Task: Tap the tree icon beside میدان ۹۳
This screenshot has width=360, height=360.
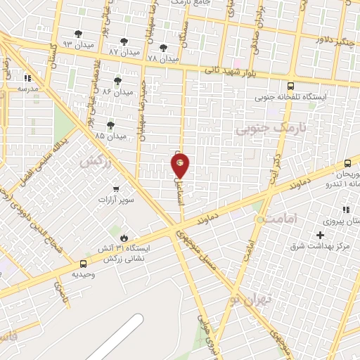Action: pos(78,34)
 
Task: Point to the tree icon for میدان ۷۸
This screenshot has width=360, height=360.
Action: pos(164,48)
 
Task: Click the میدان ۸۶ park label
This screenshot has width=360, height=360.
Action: pos(117,91)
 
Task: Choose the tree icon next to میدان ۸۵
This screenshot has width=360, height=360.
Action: pos(110,125)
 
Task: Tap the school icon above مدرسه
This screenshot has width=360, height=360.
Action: pos(27,79)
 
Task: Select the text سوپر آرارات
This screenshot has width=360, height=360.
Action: pos(116,200)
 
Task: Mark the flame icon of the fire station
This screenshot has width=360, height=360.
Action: pos(124,237)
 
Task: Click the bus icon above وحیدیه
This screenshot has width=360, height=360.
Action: pos(84,264)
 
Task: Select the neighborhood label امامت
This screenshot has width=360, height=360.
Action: pos(283,219)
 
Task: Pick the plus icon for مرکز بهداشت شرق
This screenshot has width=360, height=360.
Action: pos(321,235)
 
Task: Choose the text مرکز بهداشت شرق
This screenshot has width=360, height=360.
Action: pos(324,246)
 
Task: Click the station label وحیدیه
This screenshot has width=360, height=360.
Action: pos(84,275)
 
